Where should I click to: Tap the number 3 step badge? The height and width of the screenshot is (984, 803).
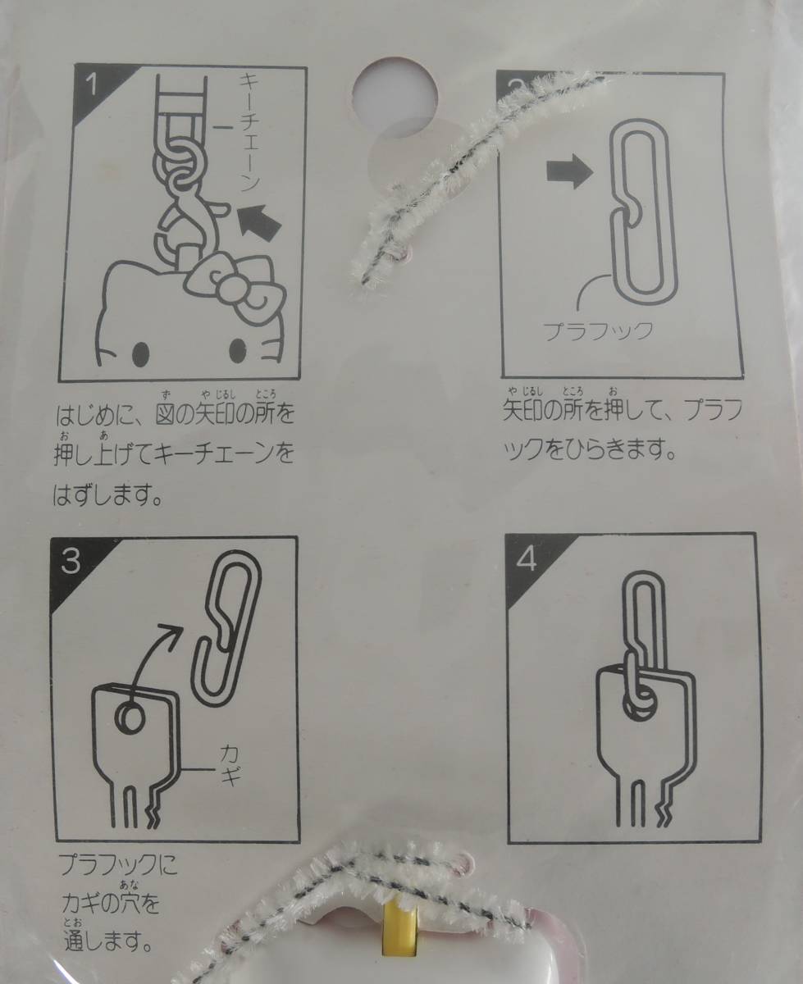tap(70, 560)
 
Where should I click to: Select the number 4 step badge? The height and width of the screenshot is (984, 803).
tap(527, 558)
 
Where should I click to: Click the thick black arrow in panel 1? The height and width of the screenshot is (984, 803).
tap(259, 224)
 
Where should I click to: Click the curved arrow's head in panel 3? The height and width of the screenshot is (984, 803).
tap(175, 631)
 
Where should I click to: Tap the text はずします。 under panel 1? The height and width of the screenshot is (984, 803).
tap(108, 496)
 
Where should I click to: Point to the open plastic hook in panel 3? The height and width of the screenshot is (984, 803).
tap(226, 631)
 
